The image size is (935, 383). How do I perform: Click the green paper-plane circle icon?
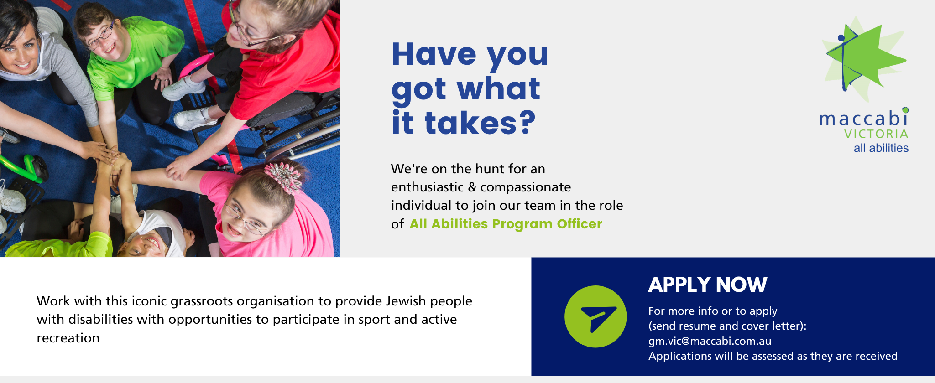[595, 316]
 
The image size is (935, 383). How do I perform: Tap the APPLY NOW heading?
[708, 285]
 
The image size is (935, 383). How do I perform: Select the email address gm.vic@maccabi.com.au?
[710, 341]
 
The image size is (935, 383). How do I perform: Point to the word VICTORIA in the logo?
[876, 134]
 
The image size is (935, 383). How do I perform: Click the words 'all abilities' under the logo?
[881, 148]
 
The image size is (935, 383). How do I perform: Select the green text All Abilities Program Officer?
[506, 224]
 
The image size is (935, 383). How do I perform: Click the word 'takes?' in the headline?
[480, 123]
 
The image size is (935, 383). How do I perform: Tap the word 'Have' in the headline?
[434, 54]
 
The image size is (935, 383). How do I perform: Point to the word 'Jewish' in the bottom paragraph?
[406, 301]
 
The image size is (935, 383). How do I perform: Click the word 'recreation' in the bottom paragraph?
[68, 338]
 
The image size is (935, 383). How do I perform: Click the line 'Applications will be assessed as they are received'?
[773, 356]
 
